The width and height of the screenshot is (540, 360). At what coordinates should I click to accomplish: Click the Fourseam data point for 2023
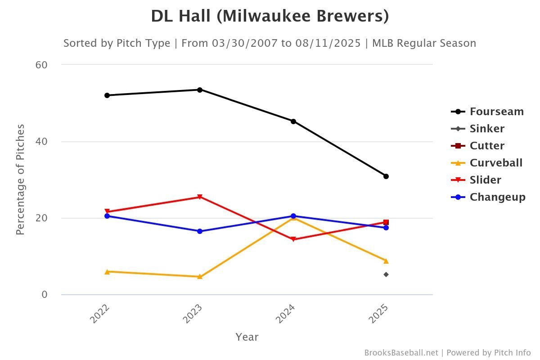(200, 90)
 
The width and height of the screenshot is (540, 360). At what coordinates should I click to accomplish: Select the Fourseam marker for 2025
(386, 176)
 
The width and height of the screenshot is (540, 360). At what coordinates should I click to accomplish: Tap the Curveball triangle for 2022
(107, 271)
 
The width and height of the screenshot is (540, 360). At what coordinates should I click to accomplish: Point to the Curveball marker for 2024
(293, 218)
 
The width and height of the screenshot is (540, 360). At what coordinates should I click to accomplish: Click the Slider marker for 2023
(200, 197)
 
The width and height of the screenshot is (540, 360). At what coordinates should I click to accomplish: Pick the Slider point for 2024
(293, 239)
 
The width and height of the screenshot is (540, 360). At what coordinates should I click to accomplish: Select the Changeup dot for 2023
(200, 231)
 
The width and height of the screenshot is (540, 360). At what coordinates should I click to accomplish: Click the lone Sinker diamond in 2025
(386, 274)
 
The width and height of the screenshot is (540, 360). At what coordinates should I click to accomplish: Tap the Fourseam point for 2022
(107, 95)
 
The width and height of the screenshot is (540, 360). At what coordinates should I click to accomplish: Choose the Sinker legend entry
(486, 129)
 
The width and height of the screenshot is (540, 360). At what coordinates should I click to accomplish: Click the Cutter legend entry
(486, 146)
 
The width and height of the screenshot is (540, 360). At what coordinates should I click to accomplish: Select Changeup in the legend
(497, 197)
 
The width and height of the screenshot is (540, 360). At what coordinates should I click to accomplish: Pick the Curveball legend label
(496, 163)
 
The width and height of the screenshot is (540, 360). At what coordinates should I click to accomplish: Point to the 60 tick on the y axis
(41, 65)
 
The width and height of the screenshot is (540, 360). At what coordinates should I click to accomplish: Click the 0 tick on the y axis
(44, 295)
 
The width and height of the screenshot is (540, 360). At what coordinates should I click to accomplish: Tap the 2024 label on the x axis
(286, 314)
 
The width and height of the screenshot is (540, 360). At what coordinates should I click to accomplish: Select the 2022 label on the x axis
(100, 314)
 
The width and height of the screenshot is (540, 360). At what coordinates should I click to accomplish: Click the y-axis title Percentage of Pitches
(20, 180)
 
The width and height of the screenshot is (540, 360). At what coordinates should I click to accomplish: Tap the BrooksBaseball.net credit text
(401, 352)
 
